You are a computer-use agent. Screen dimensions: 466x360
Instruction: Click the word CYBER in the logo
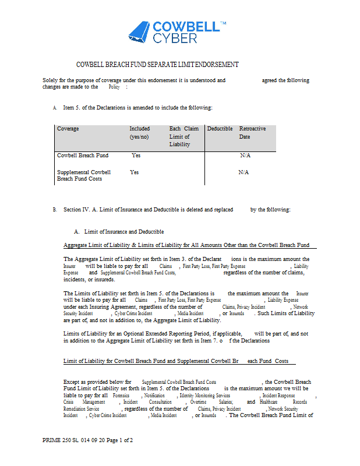[175, 38]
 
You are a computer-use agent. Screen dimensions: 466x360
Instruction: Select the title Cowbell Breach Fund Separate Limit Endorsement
[157, 65]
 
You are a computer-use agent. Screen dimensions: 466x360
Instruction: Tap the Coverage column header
[68, 129]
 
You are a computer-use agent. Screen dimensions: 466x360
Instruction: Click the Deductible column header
[220, 129]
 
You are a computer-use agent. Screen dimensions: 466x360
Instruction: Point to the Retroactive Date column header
[252, 132]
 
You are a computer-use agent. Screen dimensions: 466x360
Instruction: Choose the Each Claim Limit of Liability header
[183, 136]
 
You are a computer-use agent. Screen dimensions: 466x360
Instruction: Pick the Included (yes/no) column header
[140, 132]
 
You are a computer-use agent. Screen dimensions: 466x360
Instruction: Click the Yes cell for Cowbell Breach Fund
[136, 156]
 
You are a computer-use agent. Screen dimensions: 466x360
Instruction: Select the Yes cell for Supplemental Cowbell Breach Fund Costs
[135, 172]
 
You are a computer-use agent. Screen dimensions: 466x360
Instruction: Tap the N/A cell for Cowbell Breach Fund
[245, 156]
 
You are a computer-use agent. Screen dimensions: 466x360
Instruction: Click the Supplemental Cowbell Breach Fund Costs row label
[84, 175]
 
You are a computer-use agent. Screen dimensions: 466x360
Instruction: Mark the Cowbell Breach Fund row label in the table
[83, 156]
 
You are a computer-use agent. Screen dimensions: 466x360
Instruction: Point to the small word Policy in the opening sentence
[114, 87]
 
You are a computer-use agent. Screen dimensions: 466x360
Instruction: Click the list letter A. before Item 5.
[55, 108]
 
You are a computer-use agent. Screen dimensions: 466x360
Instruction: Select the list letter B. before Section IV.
[55, 210]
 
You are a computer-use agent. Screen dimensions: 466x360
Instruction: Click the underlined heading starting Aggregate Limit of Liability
[186, 245]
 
